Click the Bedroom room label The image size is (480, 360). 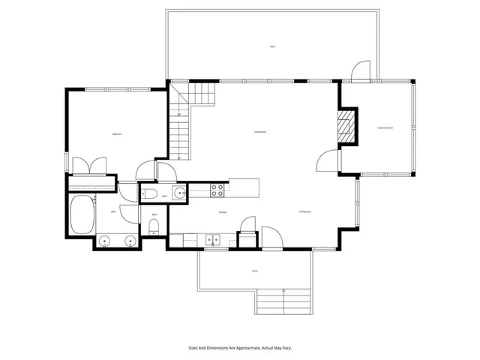(117, 133)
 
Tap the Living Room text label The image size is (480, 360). (261, 132)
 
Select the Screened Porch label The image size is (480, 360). (385, 128)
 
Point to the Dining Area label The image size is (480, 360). (304, 212)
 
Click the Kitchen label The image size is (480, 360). (223, 212)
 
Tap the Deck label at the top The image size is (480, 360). (272, 46)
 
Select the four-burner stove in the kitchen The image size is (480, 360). (217, 190)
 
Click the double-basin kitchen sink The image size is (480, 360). (213, 241)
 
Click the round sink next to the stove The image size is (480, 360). (179, 193)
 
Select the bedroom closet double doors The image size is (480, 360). (90, 165)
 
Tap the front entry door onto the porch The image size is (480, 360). (271, 238)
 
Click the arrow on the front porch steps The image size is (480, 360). (283, 292)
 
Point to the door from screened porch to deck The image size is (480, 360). (361, 72)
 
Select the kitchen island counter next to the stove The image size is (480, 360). (244, 187)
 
